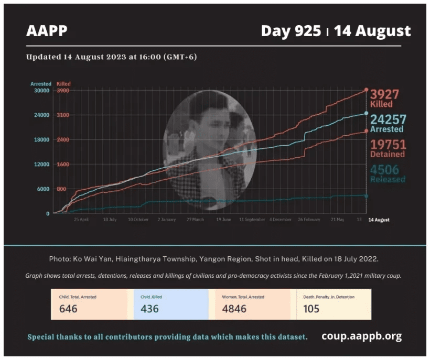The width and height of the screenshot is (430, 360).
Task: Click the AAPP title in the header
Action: [x=47, y=31]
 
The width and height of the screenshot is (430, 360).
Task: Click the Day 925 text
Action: [x=291, y=31]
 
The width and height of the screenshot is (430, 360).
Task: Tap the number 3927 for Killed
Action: [x=385, y=94]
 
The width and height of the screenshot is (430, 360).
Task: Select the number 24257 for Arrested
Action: [x=388, y=119]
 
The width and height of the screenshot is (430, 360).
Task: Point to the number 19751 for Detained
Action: [x=388, y=145]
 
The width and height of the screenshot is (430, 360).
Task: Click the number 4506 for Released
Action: [x=384, y=169]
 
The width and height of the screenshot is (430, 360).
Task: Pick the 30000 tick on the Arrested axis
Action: [x=41, y=91]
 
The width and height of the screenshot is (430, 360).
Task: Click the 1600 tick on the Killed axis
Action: [x=62, y=165]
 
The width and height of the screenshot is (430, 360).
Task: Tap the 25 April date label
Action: [x=81, y=220]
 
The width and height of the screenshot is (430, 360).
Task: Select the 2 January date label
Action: [x=166, y=220]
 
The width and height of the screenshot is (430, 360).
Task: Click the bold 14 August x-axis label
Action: [x=379, y=220]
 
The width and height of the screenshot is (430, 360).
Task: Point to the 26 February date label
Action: [x=309, y=220]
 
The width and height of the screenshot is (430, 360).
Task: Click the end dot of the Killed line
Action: [x=366, y=90]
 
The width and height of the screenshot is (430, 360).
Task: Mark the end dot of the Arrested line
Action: [x=366, y=113]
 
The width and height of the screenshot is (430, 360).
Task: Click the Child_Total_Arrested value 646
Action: [x=68, y=309]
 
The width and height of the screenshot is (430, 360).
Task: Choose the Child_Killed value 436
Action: [x=149, y=309]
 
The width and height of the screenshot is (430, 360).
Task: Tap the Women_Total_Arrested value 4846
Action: [x=234, y=309]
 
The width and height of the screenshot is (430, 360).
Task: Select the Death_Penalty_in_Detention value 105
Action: [x=311, y=309]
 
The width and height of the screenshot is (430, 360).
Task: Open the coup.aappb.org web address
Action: [x=361, y=336]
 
